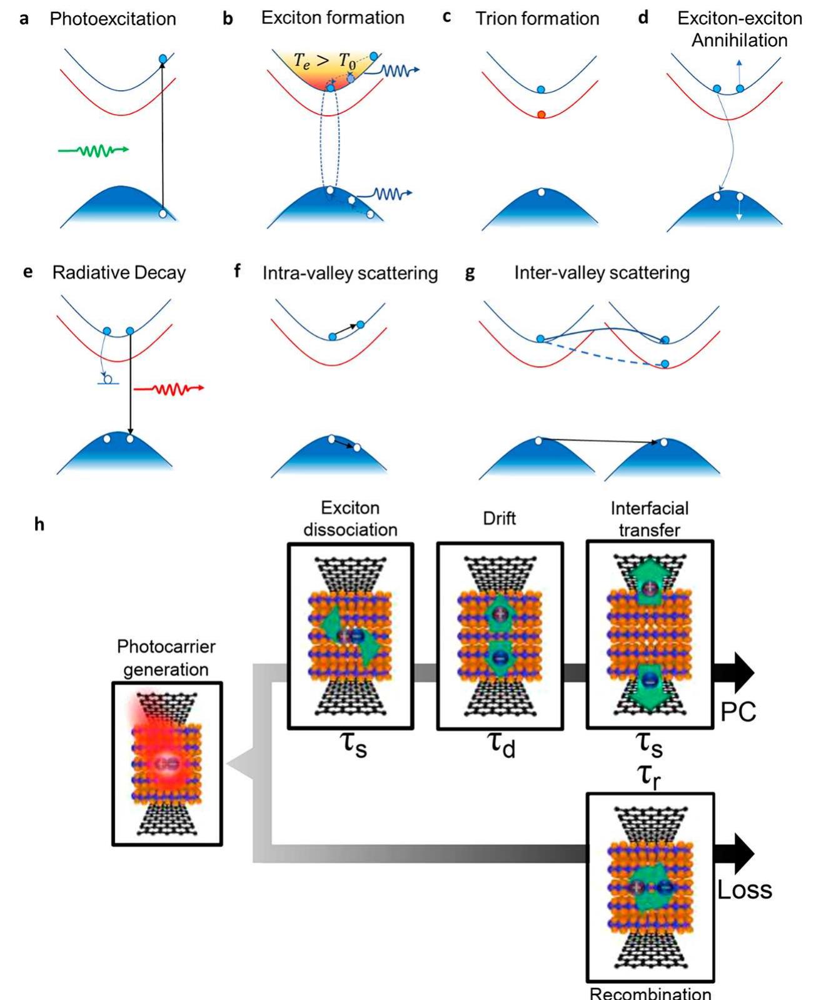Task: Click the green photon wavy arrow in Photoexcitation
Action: [94, 150]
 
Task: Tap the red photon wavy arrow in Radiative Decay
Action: [169, 389]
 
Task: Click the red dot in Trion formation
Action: [541, 115]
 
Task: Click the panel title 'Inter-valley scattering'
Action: [602, 273]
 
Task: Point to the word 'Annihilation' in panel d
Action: [739, 40]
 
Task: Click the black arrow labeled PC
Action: [734, 673]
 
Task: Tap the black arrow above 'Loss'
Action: [734, 854]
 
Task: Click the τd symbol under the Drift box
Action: [501, 745]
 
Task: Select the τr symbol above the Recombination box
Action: [649, 777]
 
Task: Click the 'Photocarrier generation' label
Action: [166, 658]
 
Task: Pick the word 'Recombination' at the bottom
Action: [650, 993]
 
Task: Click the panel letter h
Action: [39, 524]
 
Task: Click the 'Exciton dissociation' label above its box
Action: [350, 519]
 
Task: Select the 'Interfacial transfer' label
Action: [650, 519]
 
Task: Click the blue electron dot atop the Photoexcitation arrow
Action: [163, 59]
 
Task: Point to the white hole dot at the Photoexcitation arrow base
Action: [163, 214]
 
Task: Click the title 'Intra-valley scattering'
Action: [350, 273]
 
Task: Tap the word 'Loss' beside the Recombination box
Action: [744, 890]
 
